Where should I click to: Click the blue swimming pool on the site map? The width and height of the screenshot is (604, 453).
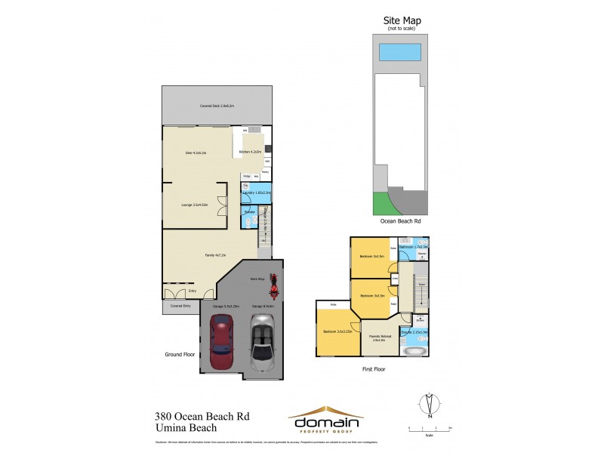click(399, 52)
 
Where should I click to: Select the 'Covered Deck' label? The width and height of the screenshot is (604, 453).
click(217, 106)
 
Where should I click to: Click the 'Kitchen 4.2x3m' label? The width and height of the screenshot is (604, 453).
click(250, 153)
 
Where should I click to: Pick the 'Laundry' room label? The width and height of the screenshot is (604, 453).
click(257, 193)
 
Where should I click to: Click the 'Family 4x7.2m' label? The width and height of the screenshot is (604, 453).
click(216, 255)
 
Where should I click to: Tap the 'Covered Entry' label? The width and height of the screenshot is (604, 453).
click(180, 307)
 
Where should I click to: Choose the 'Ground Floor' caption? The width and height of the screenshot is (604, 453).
click(180, 353)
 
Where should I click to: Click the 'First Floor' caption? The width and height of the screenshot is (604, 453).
click(373, 369)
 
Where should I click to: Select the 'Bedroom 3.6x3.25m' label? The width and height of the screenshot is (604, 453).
click(339, 332)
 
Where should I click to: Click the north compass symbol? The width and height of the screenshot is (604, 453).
click(428, 405)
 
